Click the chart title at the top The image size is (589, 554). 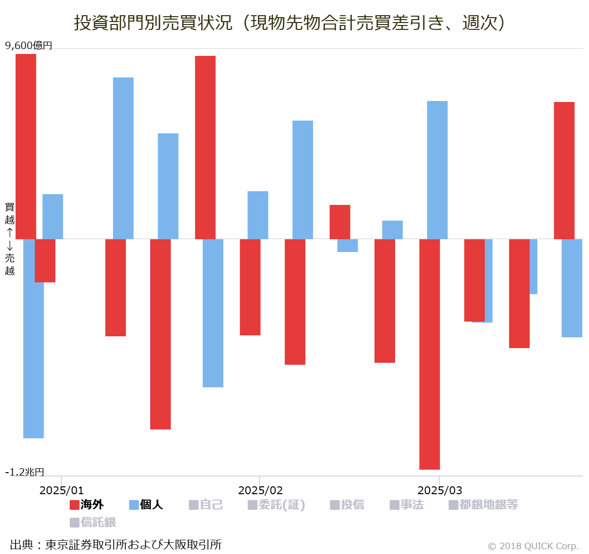[x=290, y=23]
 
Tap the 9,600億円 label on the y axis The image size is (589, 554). [x=28, y=46]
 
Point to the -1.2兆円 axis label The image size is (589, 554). [x=25, y=472]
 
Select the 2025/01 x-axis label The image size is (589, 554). [x=61, y=490]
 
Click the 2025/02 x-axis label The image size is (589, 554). [x=260, y=490]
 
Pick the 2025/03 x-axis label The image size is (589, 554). [x=439, y=490]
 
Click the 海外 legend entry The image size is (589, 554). [x=87, y=505]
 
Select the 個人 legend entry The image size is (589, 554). [x=146, y=505]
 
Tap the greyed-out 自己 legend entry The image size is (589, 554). [x=206, y=505]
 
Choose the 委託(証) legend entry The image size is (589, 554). [x=276, y=505]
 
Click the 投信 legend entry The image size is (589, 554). [x=347, y=505]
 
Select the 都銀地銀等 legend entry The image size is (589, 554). [x=483, y=505]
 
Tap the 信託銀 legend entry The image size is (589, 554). [x=93, y=523]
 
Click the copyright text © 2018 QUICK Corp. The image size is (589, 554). [x=533, y=546]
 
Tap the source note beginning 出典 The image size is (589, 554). [x=116, y=545]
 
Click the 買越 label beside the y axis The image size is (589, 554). [x=10, y=213]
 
